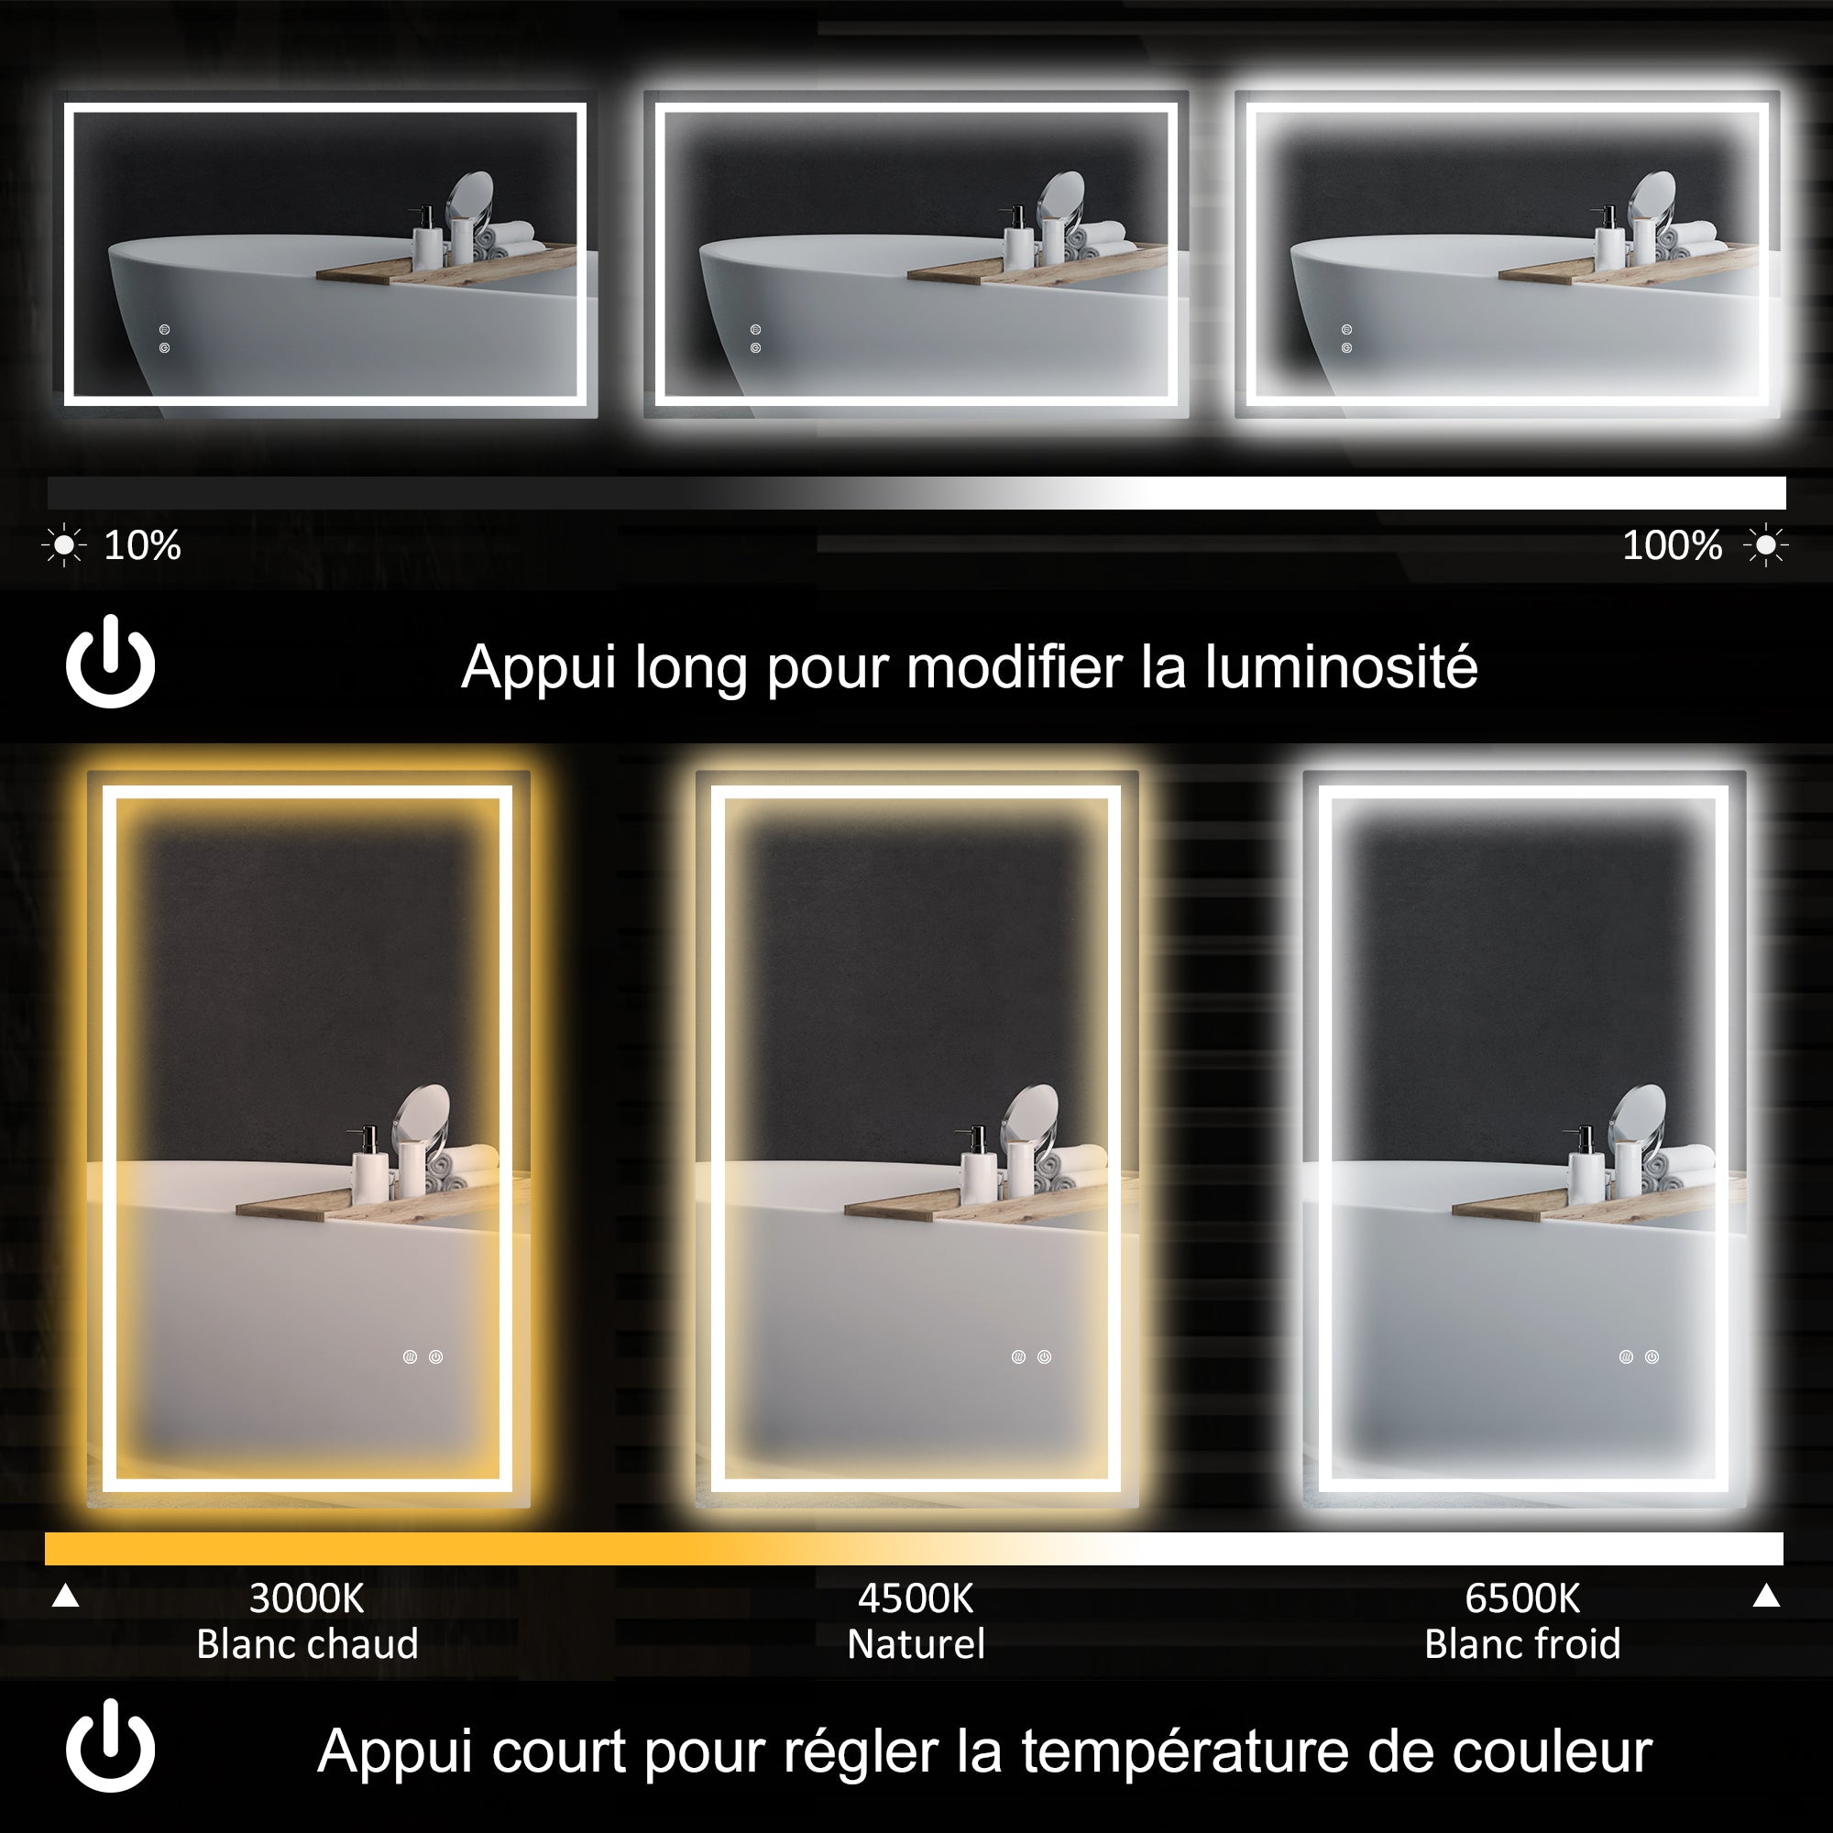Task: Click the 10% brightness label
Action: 142,545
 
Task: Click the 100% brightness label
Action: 1672,545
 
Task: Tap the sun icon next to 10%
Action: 63,545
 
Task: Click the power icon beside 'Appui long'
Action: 110,662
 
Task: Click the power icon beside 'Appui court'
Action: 110,1746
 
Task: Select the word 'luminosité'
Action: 1341,667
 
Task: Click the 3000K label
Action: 306,1598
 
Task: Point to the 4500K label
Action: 916,1598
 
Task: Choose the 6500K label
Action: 1521,1598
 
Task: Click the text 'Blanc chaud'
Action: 306,1644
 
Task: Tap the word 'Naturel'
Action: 916,1644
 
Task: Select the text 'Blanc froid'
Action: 1521,1644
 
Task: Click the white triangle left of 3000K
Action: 65,1597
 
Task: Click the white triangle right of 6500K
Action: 1766,1597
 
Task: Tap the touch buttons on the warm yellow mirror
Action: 423,1356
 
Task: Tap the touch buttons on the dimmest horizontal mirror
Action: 164,339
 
